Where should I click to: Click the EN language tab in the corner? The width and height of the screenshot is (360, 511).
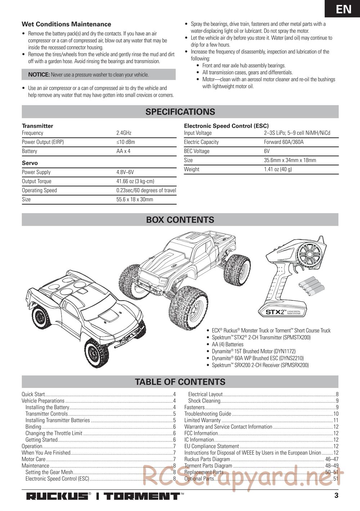coord(343,9)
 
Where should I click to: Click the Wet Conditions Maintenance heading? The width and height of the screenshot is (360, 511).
coord(66,24)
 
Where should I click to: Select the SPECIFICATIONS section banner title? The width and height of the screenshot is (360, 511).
coord(180,112)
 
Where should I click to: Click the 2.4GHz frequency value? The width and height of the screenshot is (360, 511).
coord(124,133)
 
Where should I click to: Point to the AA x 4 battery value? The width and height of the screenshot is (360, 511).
coord(123,151)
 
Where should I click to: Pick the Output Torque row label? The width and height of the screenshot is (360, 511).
coord(37,181)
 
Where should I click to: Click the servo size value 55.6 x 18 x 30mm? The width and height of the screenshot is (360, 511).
coord(135,199)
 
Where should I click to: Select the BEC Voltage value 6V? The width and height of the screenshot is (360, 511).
coord(267,151)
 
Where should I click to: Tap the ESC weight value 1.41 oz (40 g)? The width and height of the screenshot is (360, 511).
coord(278,169)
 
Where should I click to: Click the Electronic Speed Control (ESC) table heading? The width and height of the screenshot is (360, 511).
coord(226,126)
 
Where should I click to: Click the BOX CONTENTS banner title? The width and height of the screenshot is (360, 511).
coord(180,220)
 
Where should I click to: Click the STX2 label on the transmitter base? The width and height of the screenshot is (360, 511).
coord(276,312)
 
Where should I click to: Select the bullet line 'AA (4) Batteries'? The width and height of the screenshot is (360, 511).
coord(228,344)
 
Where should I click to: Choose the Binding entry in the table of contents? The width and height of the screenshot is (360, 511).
coord(33,427)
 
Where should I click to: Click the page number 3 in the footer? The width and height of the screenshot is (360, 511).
coord(336,496)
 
